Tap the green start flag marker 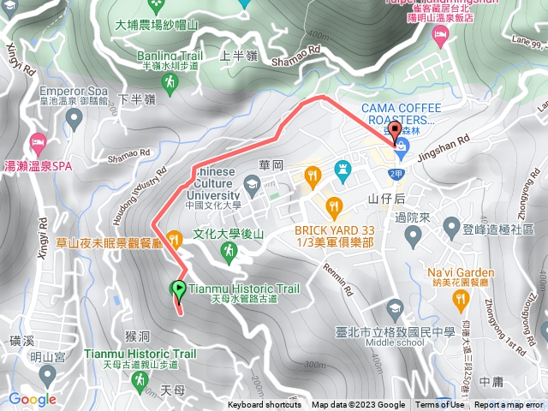(x=178, y=289)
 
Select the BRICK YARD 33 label (x=335, y=231)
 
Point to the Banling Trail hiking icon (x=170, y=81)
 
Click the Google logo (x=33, y=399)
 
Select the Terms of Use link (x=439, y=405)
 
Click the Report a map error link (x=509, y=405)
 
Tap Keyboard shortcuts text (x=264, y=405)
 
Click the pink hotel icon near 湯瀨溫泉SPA (x=36, y=140)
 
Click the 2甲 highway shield (x=395, y=174)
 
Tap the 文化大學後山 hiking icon (x=229, y=250)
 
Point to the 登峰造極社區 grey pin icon (x=452, y=228)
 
